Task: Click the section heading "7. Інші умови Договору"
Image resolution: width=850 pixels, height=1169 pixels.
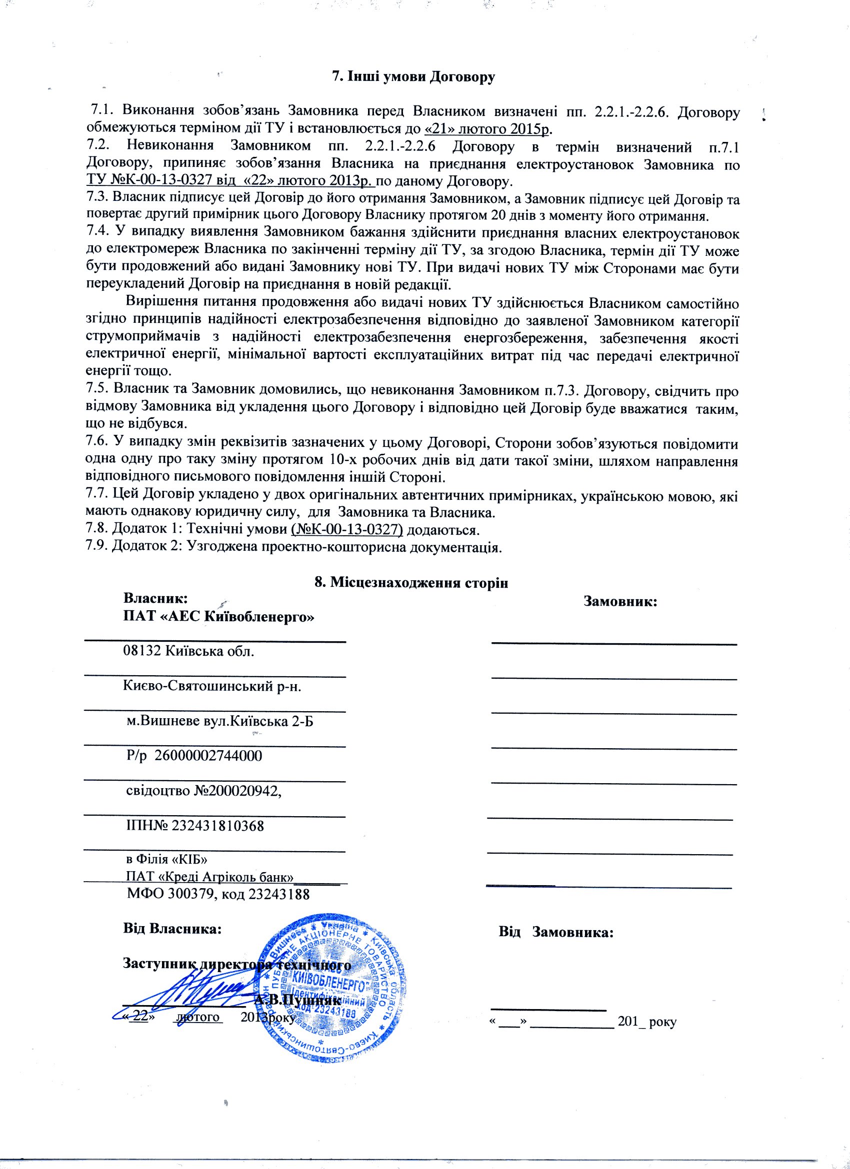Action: pos(412,77)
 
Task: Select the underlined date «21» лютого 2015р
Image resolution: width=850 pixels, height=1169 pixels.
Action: pos(488,128)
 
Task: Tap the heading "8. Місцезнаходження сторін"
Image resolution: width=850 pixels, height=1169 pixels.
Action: pos(411,582)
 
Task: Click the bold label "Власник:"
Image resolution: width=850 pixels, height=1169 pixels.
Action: pos(154,598)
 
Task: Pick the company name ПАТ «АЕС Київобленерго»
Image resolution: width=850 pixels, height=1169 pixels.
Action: pos(218,616)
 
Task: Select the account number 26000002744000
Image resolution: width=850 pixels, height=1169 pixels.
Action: pos(208,756)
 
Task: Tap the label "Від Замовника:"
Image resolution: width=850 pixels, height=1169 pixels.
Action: pos(555,932)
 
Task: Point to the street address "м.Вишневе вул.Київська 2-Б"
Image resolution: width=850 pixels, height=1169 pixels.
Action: pos(219,721)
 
